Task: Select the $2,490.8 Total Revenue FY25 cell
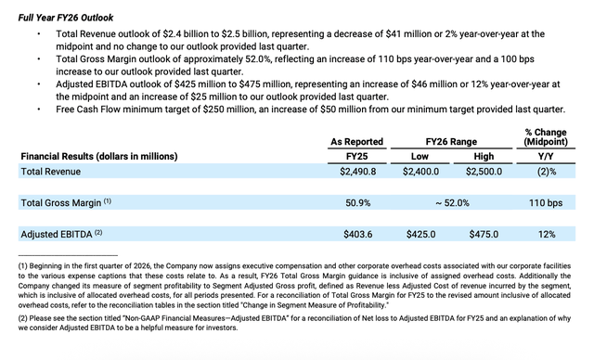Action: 350,172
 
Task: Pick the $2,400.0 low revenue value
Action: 421,172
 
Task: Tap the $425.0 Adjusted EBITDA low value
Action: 424,234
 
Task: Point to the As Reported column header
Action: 357,141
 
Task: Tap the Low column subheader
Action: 422,156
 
